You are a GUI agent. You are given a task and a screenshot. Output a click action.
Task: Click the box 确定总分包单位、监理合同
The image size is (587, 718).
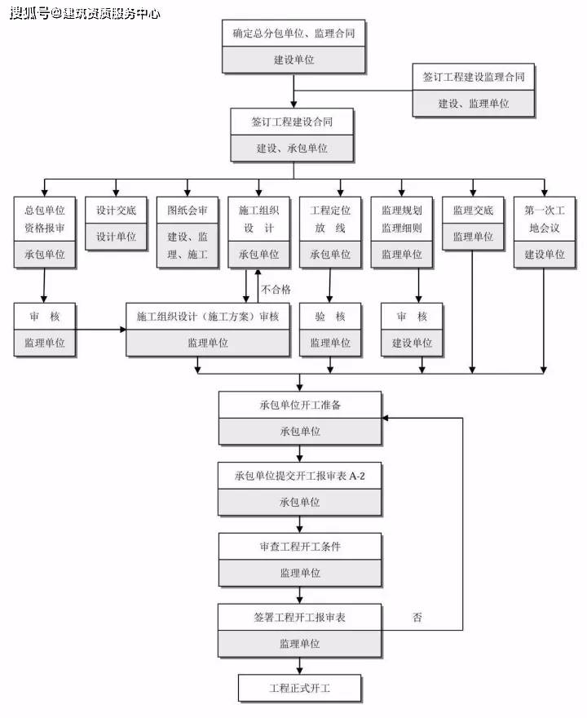coord(293,33)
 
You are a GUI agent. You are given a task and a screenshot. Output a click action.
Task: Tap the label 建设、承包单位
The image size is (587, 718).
coord(292,148)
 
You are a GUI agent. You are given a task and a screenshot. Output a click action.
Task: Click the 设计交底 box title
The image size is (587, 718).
coord(117,210)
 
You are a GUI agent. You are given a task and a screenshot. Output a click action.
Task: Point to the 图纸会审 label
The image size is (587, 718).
coord(188,210)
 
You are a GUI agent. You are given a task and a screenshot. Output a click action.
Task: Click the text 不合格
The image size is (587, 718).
coord(276,289)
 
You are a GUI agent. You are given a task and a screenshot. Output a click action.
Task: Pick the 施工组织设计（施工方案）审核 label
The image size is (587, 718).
coord(208,317)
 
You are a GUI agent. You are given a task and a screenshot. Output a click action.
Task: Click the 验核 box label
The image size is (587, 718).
coord(330,317)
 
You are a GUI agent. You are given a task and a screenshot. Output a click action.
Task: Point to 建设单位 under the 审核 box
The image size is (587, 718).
coord(413,343)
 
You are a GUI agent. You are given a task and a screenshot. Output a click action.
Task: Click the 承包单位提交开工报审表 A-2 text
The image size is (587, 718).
coord(299,476)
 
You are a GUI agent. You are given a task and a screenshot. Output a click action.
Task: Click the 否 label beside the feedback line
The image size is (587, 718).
coord(417,618)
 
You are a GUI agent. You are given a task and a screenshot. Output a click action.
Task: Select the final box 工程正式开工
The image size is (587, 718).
coord(300,688)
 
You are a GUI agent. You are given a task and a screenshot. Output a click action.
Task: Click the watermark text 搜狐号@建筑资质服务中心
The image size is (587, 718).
coord(85,13)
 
